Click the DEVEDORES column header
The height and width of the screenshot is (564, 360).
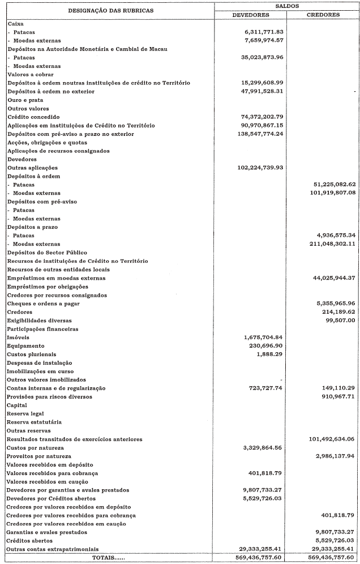click(x=250, y=15)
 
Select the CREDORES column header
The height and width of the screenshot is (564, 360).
click(x=323, y=15)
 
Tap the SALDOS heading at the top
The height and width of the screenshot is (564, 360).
click(x=286, y=5)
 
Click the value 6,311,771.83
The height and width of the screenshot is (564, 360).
click(x=263, y=32)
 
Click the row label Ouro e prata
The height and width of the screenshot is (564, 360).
click(x=23, y=100)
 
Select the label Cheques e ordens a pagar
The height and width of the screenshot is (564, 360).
click(x=43, y=304)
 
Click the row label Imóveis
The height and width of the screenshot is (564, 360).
click(x=18, y=337)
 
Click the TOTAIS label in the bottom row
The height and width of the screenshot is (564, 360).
click(x=105, y=558)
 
